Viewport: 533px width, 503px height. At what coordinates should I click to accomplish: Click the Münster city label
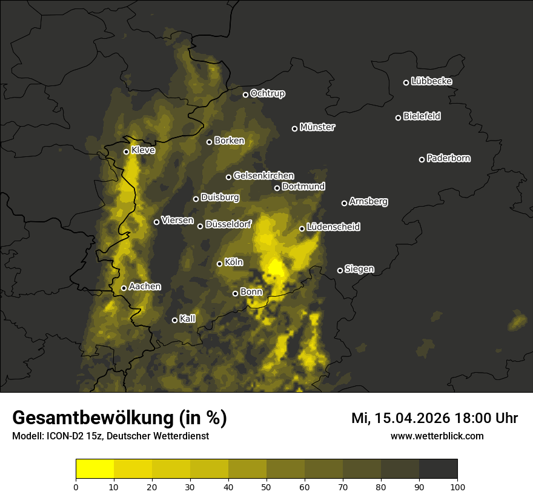click(x=317, y=127)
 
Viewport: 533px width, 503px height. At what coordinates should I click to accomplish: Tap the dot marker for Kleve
click(x=127, y=152)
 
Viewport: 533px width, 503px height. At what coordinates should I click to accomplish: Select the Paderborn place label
click(x=449, y=158)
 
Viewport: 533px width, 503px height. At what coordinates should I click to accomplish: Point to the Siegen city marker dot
click(x=340, y=270)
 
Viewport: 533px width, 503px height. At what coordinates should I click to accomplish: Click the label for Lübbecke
click(x=432, y=81)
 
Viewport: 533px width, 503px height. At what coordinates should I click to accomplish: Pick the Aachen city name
click(x=145, y=286)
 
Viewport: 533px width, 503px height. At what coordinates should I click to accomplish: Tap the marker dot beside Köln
click(x=220, y=264)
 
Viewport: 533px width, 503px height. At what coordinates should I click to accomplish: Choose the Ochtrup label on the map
click(x=268, y=93)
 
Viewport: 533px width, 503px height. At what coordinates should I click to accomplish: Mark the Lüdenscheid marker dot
click(x=302, y=228)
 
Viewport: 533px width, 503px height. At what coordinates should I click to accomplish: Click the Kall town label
click(x=188, y=318)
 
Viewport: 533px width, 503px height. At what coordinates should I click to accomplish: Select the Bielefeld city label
click(x=422, y=116)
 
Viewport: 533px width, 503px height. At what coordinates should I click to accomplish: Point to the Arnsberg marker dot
click(x=344, y=203)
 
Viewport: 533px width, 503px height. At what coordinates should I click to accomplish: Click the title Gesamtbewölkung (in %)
click(x=119, y=418)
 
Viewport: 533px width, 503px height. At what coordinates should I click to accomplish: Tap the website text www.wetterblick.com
click(x=437, y=436)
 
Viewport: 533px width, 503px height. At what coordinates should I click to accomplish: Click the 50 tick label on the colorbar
click(x=266, y=487)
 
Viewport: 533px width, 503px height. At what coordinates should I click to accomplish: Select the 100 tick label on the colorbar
click(x=457, y=487)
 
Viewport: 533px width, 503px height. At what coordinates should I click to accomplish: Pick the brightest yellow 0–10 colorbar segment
click(x=94, y=469)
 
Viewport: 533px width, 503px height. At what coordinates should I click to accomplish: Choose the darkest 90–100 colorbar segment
click(x=438, y=469)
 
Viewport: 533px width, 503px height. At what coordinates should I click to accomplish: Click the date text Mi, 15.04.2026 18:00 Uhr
click(x=434, y=418)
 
